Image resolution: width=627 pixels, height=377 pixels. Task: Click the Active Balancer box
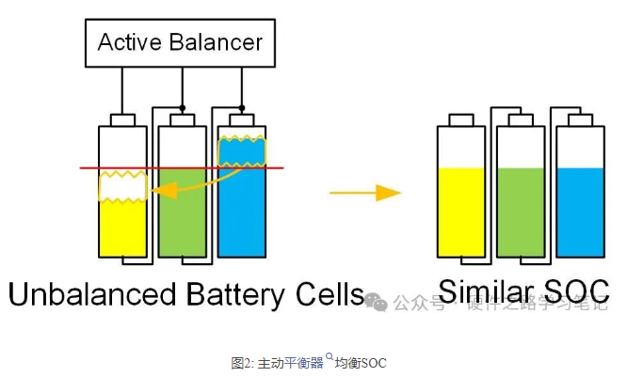179,42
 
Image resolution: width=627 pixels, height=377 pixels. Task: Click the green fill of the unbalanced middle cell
182,212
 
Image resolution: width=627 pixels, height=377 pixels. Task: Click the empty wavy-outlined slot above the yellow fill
123,188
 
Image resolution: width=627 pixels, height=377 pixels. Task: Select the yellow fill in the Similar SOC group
460,211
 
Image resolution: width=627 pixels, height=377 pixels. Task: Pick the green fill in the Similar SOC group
520,211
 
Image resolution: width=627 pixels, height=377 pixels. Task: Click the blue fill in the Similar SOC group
579,211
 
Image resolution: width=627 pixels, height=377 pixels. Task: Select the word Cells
325,293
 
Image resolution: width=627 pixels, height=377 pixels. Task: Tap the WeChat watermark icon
377,302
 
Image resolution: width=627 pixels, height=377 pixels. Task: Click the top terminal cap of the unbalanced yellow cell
123,119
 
